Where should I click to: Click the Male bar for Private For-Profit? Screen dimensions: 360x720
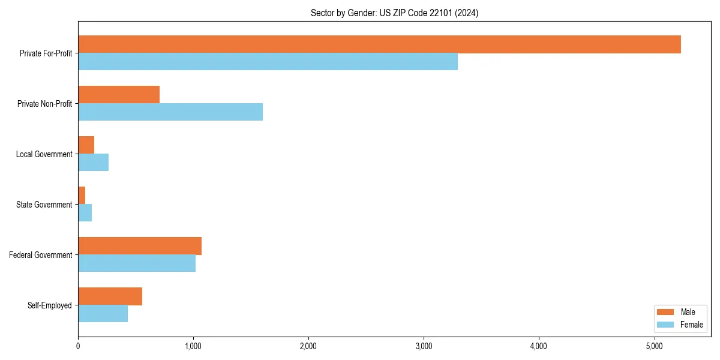tap(379, 44)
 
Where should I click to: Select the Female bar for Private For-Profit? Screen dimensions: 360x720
tap(268, 62)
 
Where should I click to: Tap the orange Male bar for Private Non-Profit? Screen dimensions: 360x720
tap(119, 95)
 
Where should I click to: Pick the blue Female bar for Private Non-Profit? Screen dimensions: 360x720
tap(170, 112)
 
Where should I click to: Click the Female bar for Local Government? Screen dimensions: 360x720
tap(93, 163)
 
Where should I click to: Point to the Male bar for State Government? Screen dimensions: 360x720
tap(82, 196)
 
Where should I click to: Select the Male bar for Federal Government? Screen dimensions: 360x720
tap(140, 246)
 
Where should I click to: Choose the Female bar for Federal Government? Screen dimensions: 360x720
tap(137, 263)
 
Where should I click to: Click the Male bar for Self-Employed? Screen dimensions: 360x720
tap(110, 296)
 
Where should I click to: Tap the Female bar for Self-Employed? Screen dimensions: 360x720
tap(103, 314)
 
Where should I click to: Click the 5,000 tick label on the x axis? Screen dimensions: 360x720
tap(654, 346)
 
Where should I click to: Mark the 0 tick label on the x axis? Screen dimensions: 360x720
tap(78, 346)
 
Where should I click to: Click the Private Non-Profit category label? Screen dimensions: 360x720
tap(44, 104)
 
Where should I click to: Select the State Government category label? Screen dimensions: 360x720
tap(44, 205)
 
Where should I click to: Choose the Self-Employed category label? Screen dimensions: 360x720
tap(49, 305)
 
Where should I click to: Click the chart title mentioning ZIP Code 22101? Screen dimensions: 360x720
tap(394, 13)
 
